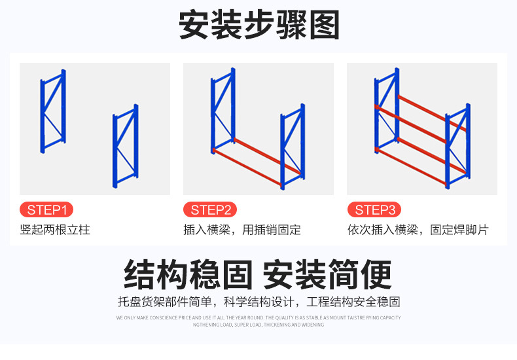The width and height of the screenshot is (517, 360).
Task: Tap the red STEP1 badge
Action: [x=46, y=210]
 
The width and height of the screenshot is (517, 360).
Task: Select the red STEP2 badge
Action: [x=210, y=210]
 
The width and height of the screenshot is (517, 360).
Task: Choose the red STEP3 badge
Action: [x=374, y=210]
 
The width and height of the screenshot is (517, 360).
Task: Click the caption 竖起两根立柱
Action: [x=55, y=230]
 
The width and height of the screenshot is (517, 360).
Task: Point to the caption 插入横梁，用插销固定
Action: [x=242, y=230]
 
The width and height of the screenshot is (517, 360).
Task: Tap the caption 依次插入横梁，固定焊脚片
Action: [x=418, y=230]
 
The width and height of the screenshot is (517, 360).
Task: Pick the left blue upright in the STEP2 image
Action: [x=223, y=115]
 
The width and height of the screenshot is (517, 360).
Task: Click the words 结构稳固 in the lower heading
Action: [x=188, y=274]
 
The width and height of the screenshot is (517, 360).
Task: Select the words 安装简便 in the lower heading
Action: [x=327, y=274]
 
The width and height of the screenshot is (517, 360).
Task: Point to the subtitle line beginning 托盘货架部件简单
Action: [x=258, y=302]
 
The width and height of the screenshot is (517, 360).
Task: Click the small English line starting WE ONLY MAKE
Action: [x=258, y=317]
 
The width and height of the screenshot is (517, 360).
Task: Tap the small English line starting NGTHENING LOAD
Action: [x=258, y=325]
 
